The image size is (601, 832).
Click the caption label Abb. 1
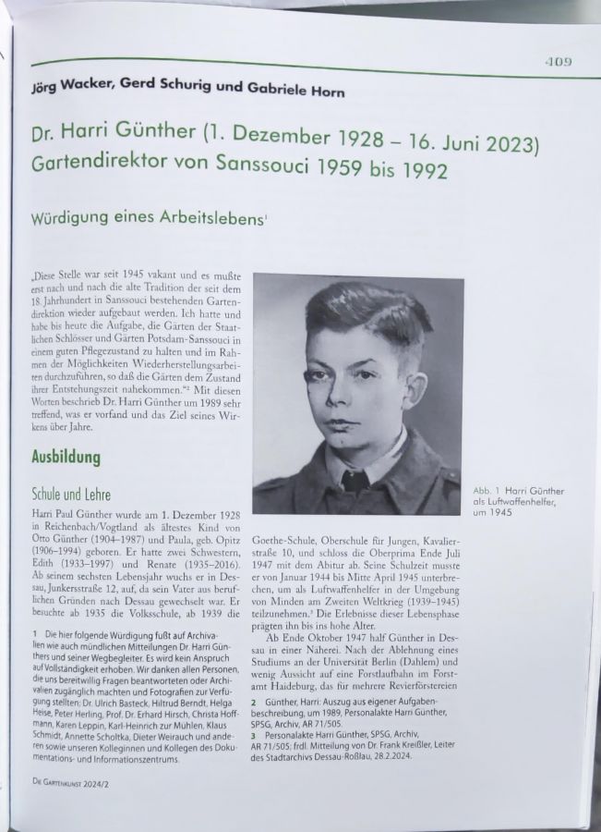click(487, 491)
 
